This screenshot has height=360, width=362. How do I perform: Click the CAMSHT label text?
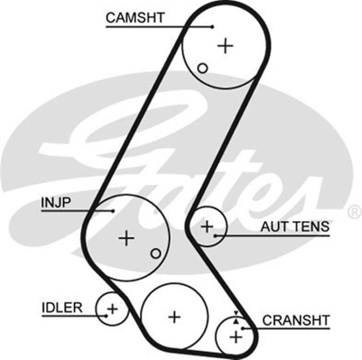coord(135,17)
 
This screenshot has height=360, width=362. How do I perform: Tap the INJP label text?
coord(56,202)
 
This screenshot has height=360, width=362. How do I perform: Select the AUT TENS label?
coord(295,227)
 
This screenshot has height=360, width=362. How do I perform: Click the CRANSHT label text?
coord(295,320)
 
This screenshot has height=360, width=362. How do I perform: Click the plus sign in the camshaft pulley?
coord(226,45)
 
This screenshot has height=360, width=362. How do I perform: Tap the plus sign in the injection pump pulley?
coord(127,238)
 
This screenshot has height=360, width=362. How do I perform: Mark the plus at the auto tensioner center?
coord(207,227)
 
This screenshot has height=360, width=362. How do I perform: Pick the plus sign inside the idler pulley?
coord(112,309)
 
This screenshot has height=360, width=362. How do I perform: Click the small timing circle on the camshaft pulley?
coord(202,68)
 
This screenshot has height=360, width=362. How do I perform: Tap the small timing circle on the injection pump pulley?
coord(156,253)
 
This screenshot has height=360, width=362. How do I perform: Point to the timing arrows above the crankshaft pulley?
coord(236,316)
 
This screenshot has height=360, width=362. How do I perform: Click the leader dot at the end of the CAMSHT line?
coord(212,26)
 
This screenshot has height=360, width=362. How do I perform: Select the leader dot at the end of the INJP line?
coord(113,211)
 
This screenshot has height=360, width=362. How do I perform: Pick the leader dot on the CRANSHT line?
coord(243,328)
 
